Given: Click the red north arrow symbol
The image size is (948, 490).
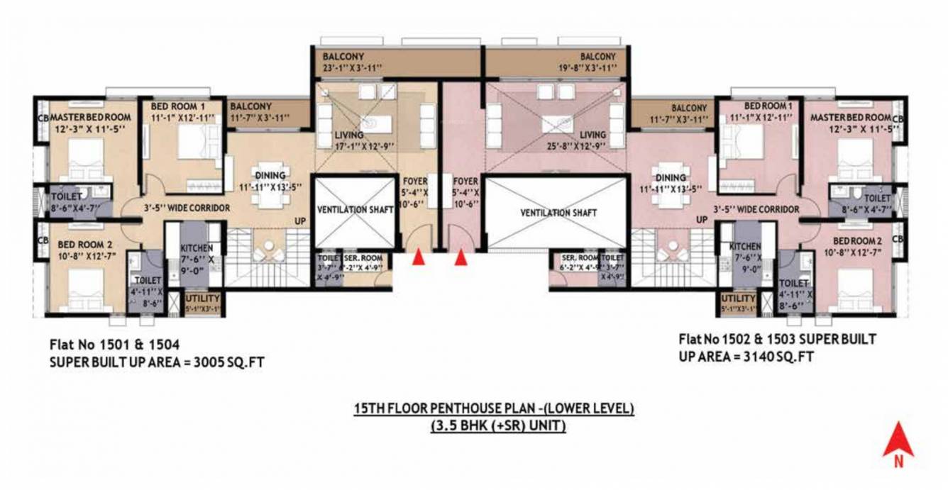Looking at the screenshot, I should click(898, 441).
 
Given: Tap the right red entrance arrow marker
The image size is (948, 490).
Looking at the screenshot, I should click(461, 257).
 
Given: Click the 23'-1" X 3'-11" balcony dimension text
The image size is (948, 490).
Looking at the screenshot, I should click(352, 68).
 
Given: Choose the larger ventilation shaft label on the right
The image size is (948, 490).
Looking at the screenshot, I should click(558, 213).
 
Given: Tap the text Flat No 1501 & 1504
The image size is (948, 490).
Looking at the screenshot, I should click(114, 345).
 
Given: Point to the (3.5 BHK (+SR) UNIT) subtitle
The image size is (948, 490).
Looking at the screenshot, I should click(495, 426).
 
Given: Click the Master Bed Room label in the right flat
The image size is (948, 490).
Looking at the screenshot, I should click(850, 117).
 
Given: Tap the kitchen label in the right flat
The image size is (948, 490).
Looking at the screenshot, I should click(745, 247).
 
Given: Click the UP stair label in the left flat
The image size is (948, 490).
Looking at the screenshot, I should click(301, 221).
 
